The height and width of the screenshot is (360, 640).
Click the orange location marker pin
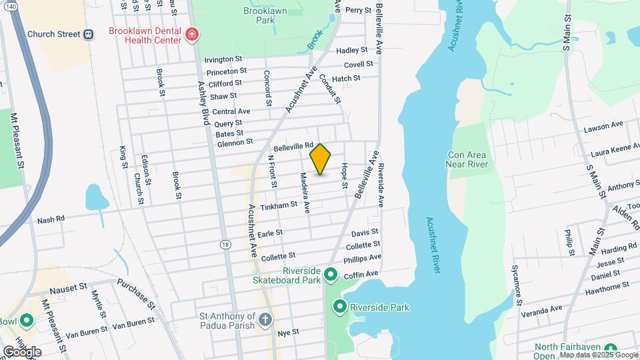[321, 159]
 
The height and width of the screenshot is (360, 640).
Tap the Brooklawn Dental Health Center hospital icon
[193, 34]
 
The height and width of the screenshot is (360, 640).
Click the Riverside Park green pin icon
[339, 307]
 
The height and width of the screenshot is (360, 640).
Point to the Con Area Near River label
[467, 159]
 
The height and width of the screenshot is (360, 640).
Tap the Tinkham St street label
[278, 206]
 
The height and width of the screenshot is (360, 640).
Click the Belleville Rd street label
[293, 145]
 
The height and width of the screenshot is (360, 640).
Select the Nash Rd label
[51, 219]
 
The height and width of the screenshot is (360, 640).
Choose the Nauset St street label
[69, 291]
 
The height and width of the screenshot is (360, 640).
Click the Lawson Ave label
[603, 124]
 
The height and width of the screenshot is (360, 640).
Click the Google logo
[22, 351]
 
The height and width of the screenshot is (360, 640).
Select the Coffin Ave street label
[361, 275]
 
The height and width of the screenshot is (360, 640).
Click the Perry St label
[357, 10]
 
